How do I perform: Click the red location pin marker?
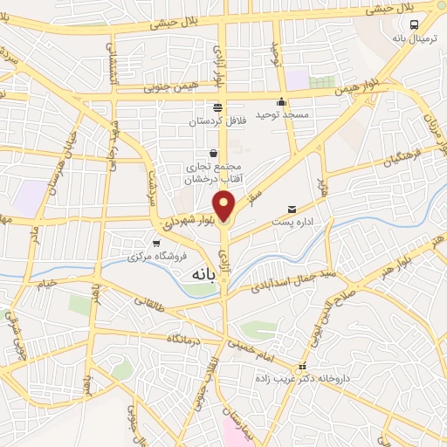(225, 206)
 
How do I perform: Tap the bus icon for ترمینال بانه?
(414, 25)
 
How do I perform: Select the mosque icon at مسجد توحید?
(281, 100)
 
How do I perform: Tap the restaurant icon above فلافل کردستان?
(217, 107)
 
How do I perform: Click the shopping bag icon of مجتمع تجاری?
(213, 153)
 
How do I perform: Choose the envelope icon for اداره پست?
(292, 209)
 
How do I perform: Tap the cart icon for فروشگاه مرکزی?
(155, 244)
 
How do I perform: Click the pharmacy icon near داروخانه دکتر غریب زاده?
(303, 367)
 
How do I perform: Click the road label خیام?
(45, 281)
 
